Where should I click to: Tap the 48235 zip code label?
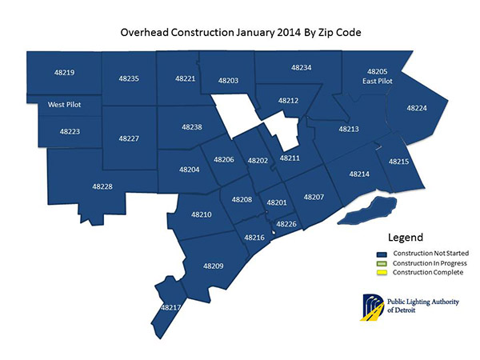[x=129, y=78]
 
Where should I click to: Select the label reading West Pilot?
[x=63, y=104]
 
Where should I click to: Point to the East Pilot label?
[x=377, y=81]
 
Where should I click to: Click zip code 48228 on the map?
[x=102, y=186]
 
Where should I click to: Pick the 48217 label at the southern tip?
[x=170, y=307]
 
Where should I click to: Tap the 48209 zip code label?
[x=214, y=266]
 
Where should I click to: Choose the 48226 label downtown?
[x=286, y=224]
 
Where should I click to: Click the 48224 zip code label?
[x=417, y=107]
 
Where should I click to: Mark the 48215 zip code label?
[x=398, y=162]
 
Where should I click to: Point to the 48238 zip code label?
[x=192, y=127]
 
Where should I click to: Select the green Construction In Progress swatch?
[x=383, y=263]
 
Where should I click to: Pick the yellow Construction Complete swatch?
[x=383, y=273]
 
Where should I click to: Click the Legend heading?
[x=406, y=238]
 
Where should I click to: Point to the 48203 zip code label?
[x=228, y=81]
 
